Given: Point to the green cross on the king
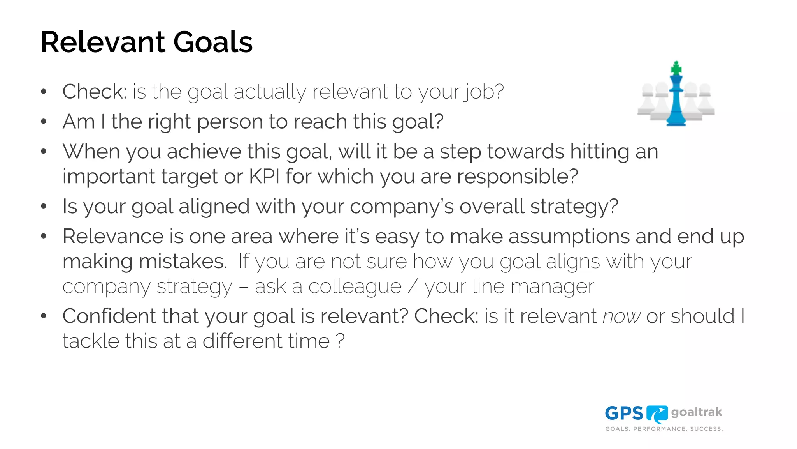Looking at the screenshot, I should point(676,69).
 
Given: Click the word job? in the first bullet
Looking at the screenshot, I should point(483,92).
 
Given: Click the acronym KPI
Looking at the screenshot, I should point(264,177).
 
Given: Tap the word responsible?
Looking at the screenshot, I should point(517,177).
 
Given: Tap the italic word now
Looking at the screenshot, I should point(621,316).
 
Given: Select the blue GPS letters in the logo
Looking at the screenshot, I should point(624,414).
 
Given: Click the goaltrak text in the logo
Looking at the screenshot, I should point(697,412).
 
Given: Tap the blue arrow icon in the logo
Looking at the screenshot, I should point(657,414).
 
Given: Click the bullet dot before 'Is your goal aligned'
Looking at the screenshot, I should point(44,206).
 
